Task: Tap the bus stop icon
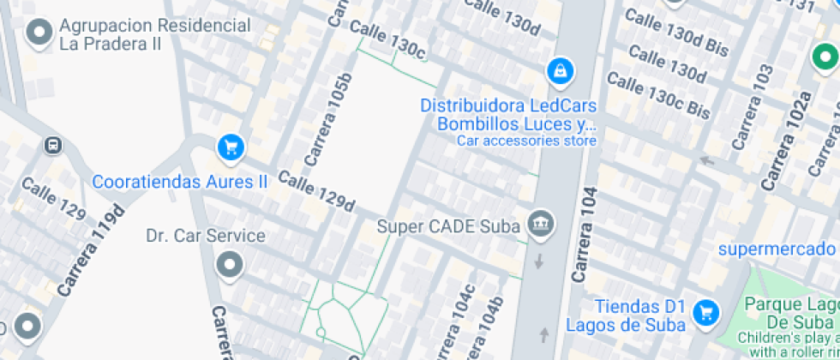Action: point(53,146)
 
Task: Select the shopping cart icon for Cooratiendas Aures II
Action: point(230,148)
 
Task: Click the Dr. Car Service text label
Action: point(206,235)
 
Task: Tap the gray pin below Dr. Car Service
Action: point(229,266)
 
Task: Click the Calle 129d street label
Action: point(316,192)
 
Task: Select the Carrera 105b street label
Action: point(328,120)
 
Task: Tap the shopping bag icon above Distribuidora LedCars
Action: point(560,72)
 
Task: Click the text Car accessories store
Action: point(525,141)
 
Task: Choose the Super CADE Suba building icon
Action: point(541,225)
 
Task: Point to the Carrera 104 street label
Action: point(583,235)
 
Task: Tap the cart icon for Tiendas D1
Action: point(706,313)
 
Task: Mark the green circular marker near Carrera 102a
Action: point(825,59)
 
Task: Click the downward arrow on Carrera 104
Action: point(539,261)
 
